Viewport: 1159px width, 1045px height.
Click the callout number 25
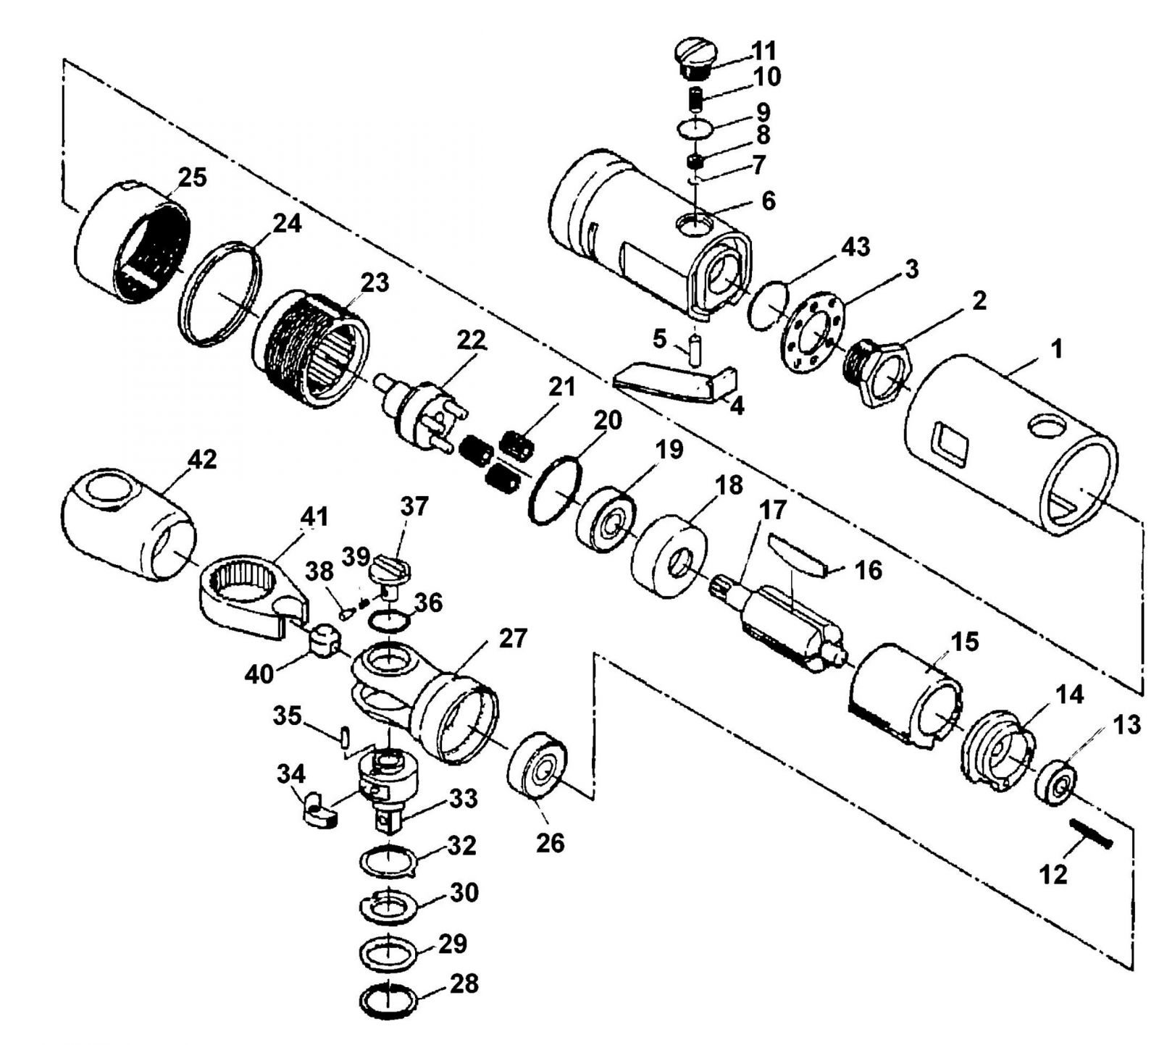point(192,178)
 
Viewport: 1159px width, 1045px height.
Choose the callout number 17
point(772,511)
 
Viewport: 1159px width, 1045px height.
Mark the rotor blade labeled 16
point(798,553)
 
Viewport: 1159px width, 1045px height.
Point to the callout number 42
point(201,459)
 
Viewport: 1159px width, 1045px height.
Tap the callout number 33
point(463,800)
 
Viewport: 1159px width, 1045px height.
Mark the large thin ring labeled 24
point(219,293)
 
